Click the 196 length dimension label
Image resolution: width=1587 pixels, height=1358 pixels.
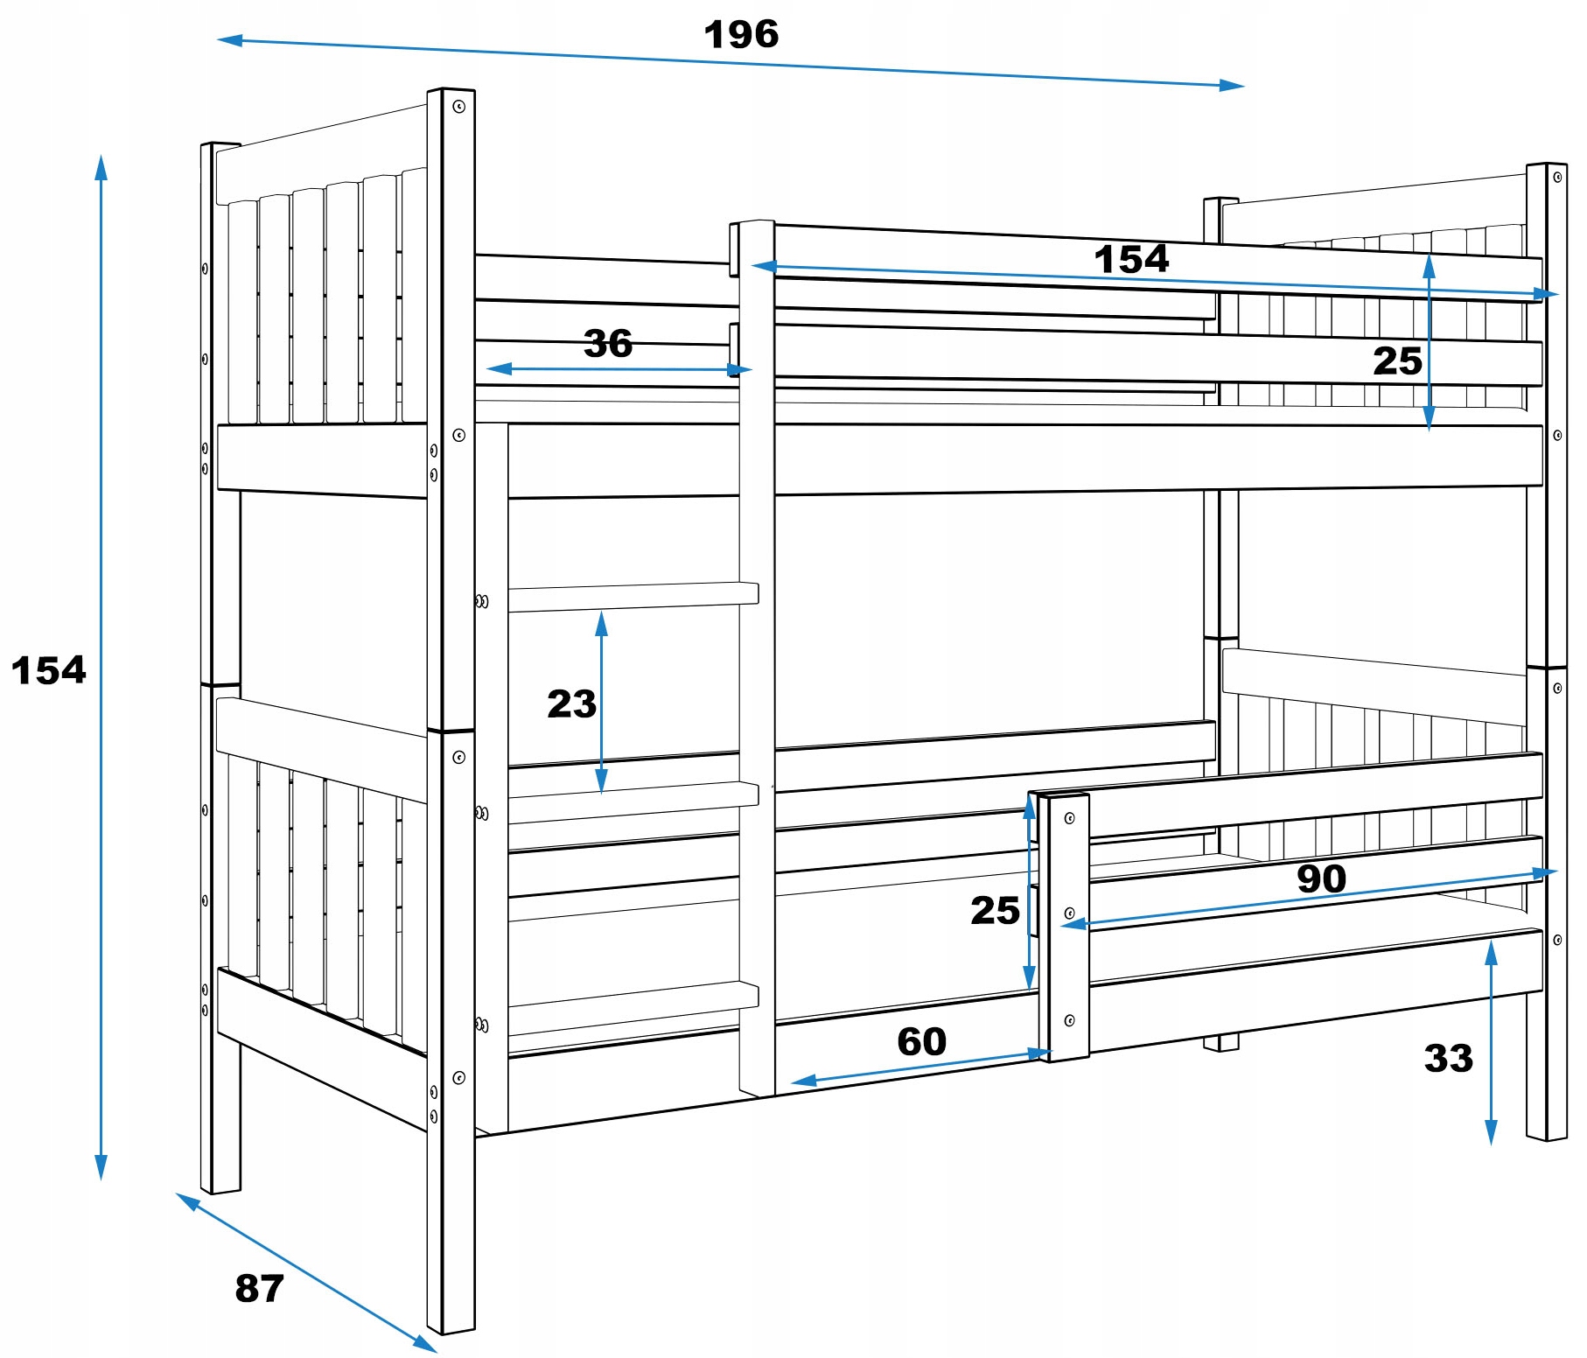pyautogui.click(x=741, y=35)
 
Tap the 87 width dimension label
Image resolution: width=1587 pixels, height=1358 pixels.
pyautogui.click(x=259, y=1288)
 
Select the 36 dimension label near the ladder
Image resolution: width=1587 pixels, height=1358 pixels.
pyautogui.click(x=608, y=344)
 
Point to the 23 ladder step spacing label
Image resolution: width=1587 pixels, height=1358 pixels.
pyautogui.click(x=571, y=703)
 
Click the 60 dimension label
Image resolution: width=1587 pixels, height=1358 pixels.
pyautogui.click(x=921, y=1041)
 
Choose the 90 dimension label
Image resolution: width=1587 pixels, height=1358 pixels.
pyautogui.click(x=1321, y=878)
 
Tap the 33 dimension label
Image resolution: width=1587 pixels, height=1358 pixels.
pyautogui.click(x=1448, y=1058)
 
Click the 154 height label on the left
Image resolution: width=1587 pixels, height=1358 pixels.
pyautogui.click(x=49, y=670)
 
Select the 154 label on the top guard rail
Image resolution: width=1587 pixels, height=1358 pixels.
pyautogui.click(x=1130, y=259)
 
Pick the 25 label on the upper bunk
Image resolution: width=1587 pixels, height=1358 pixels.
pyautogui.click(x=1397, y=360)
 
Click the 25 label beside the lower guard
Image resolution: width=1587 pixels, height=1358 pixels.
pyautogui.click(x=995, y=910)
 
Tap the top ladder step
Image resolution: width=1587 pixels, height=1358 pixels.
pyautogui.click(x=632, y=597)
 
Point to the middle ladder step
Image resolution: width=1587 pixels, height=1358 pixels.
pyautogui.click(x=632, y=801)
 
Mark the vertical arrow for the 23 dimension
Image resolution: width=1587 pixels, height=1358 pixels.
pyautogui.click(x=601, y=703)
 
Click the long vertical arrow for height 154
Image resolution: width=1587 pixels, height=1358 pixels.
pyautogui.click(x=101, y=667)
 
